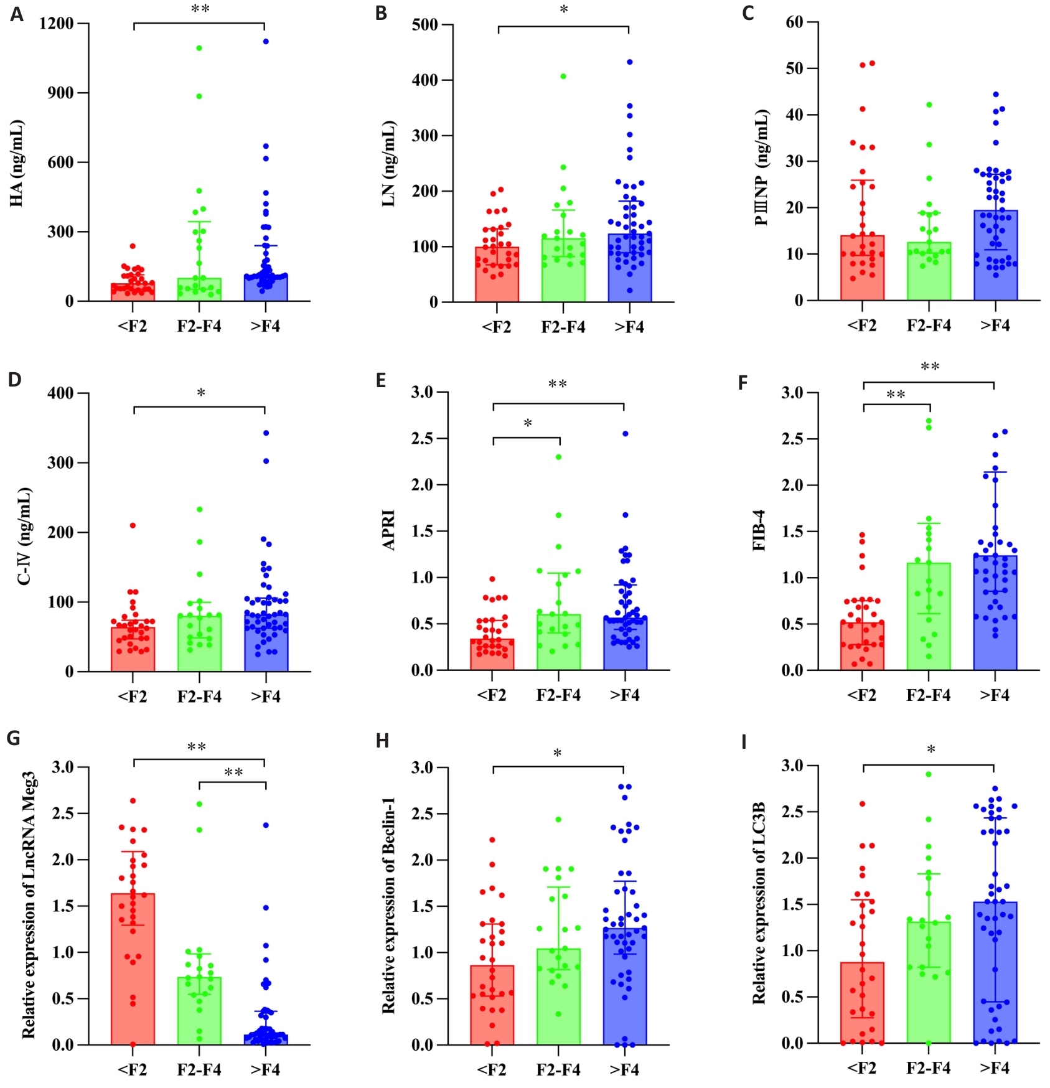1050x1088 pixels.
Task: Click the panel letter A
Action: tap(17, 14)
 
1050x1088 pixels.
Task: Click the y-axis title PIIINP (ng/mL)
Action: tap(762, 168)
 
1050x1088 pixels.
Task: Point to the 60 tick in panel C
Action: tap(794, 22)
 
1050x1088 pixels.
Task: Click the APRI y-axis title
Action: tap(389, 530)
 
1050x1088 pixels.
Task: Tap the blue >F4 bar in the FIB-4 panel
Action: tap(995, 613)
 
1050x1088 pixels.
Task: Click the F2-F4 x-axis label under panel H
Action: tap(558, 1069)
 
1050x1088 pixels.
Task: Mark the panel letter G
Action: tap(13, 738)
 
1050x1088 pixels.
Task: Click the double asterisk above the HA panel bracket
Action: tap(200, 9)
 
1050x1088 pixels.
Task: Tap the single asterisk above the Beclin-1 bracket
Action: tap(558, 754)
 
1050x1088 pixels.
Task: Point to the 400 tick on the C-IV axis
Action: tap(60, 393)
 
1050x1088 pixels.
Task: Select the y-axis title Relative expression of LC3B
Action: tap(759, 903)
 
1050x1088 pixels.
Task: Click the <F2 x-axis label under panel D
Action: tap(133, 696)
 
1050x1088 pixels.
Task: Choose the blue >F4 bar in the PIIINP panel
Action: tap(995, 255)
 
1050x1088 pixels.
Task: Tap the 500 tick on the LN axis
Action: tap(424, 25)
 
